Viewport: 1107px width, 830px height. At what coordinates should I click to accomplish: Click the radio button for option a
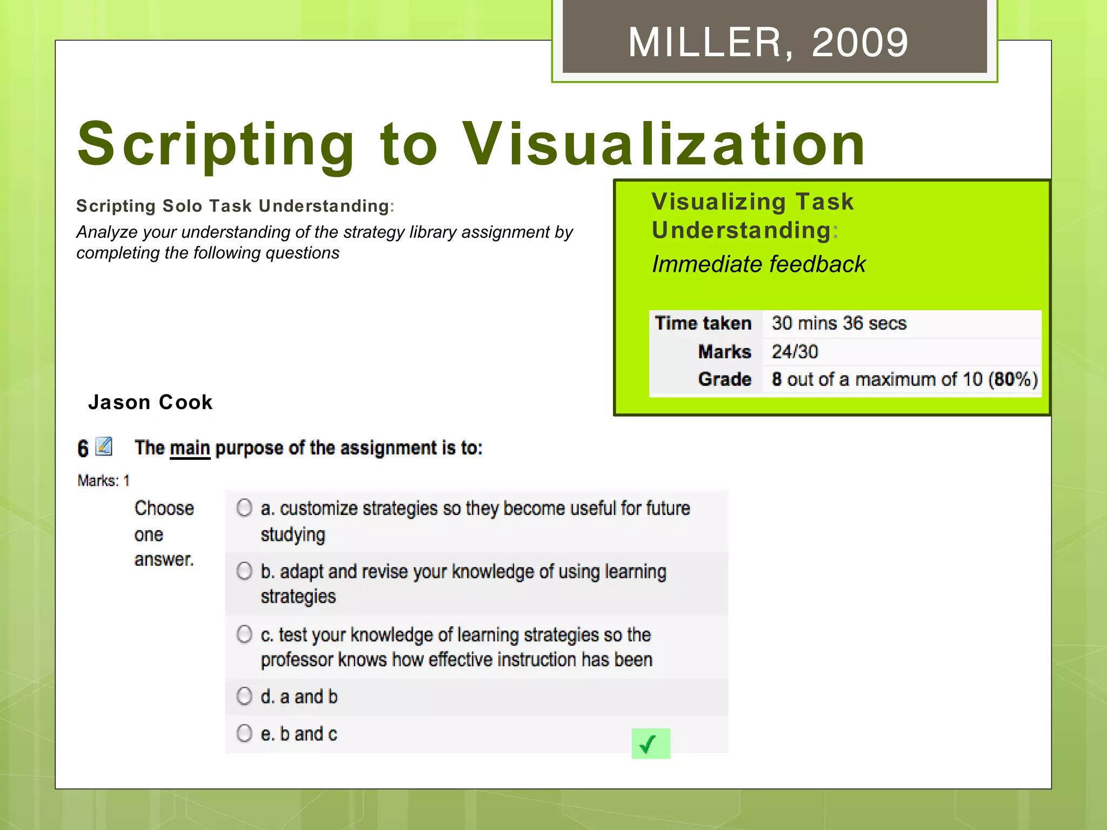pyautogui.click(x=244, y=507)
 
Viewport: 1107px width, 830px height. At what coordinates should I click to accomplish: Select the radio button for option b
pyautogui.click(x=244, y=571)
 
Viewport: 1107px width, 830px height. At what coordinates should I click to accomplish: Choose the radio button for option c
pyautogui.click(x=244, y=634)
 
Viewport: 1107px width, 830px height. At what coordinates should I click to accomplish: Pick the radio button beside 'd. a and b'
pyautogui.click(x=244, y=696)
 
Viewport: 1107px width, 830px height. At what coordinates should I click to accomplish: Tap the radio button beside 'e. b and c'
pyautogui.click(x=244, y=733)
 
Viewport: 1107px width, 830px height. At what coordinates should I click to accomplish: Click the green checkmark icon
pyautogui.click(x=650, y=744)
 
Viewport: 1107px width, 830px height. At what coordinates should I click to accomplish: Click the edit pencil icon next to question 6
pyautogui.click(x=104, y=446)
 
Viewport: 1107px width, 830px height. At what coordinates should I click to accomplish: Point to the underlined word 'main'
pyautogui.click(x=190, y=448)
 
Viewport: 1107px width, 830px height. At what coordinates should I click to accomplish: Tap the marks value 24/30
pyautogui.click(x=795, y=352)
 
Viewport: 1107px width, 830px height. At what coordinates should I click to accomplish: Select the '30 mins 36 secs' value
pyautogui.click(x=839, y=323)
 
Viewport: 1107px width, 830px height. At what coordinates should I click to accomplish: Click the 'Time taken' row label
pyautogui.click(x=703, y=323)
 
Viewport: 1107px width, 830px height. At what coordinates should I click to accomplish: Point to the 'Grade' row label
pyautogui.click(x=724, y=379)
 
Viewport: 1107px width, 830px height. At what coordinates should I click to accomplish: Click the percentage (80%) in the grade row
pyautogui.click(x=1013, y=379)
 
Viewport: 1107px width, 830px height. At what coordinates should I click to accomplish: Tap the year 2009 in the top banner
pyautogui.click(x=859, y=43)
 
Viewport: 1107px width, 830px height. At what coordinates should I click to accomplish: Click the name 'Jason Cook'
pyautogui.click(x=150, y=403)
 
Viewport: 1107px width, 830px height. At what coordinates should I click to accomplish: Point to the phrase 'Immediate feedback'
pyautogui.click(x=758, y=264)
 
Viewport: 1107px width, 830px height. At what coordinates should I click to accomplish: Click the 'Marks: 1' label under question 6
pyautogui.click(x=104, y=480)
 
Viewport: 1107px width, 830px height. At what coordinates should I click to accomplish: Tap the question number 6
pyautogui.click(x=83, y=449)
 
